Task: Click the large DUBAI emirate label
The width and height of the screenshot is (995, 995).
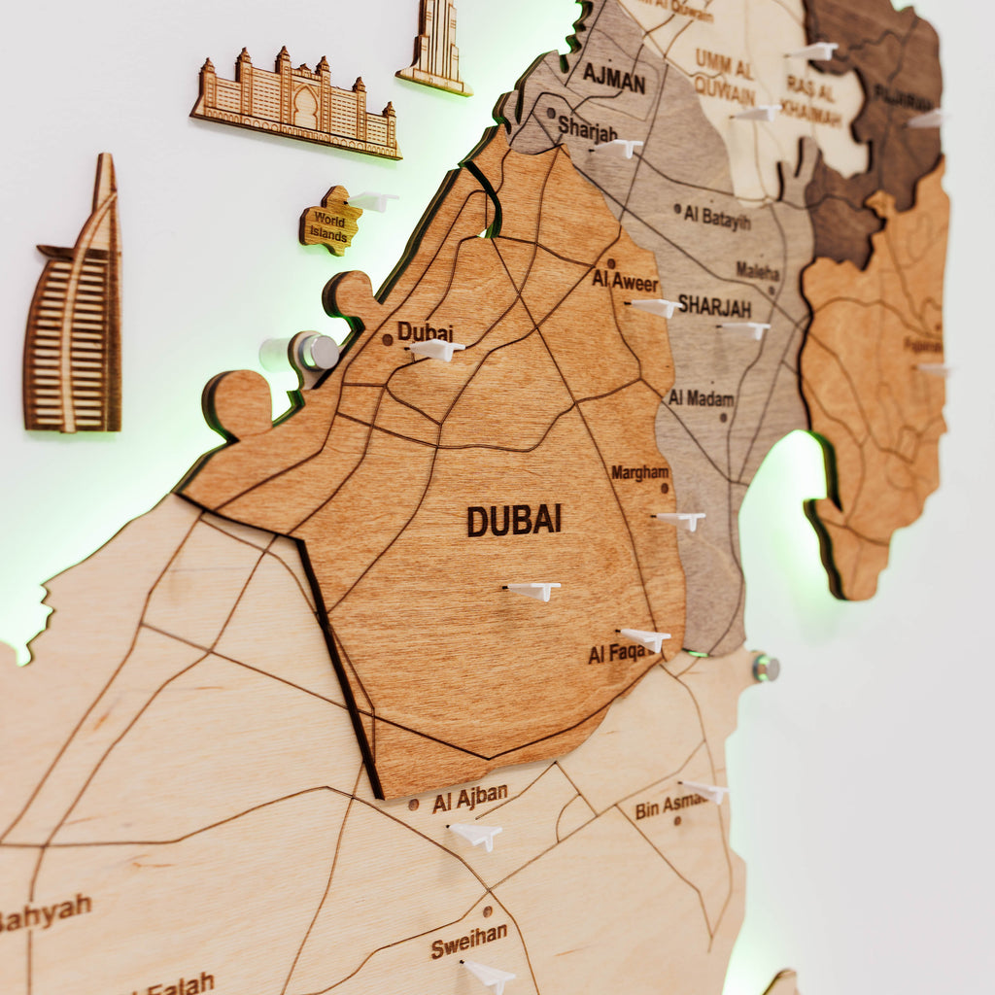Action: click(x=514, y=520)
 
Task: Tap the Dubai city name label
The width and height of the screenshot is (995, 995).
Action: click(x=426, y=332)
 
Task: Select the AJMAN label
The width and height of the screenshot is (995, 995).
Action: click(x=614, y=77)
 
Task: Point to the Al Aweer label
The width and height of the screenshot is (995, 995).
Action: click(x=625, y=282)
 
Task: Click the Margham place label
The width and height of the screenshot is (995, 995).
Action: click(x=639, y=472)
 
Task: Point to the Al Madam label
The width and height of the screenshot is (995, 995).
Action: click(x=701, y=398)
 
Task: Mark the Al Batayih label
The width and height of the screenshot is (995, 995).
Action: click(x=716, y=217)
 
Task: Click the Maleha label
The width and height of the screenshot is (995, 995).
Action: click(x=757, y=270)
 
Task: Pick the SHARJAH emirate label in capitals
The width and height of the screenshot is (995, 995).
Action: click(x=714, y=306)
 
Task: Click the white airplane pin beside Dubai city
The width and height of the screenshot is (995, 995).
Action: click(x=435, y=349)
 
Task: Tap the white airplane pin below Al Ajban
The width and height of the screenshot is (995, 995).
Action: click(x=476, y=834)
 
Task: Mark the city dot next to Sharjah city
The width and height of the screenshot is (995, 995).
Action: click(x=551, y=114)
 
